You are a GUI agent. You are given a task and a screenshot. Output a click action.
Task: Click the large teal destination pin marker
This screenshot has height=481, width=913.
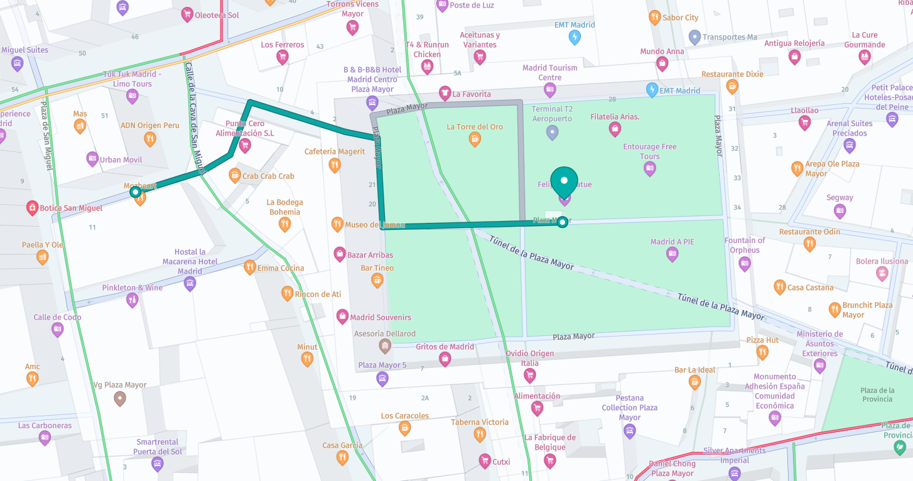(x=564, y=180)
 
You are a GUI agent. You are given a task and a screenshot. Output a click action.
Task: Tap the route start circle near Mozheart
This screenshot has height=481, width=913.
(x=136, y=192)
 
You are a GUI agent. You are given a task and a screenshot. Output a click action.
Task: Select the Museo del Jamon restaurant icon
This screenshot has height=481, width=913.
(x=337, y=224)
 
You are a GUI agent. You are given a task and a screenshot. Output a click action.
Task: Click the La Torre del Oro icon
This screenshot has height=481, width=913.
(x=475, y=139)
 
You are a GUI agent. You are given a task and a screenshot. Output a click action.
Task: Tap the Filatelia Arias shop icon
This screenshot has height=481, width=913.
(x=615, y=129)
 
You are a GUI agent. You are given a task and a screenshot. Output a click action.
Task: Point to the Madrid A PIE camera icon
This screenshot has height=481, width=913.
(x=673, y=254)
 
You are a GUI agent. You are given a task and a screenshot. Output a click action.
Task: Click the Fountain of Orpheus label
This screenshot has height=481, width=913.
(x=745, y=245)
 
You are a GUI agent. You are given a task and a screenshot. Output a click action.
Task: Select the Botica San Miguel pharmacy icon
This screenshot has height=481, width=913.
(x=32, y=208)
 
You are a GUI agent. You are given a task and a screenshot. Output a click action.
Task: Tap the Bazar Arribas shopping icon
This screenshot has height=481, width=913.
(x=340, y=254)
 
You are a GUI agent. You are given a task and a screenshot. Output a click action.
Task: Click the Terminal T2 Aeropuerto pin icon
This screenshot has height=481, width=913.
(x=552, y=132)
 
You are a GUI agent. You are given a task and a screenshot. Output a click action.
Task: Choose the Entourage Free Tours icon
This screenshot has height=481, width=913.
(x=650, y=168)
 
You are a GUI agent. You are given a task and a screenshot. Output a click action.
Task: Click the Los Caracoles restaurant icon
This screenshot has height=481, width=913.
(x=405, y=428)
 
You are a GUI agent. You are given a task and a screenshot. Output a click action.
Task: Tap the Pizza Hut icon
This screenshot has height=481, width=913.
(x=762, y=352)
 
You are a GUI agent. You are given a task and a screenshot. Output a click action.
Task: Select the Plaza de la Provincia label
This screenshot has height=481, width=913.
(x=877, y=394)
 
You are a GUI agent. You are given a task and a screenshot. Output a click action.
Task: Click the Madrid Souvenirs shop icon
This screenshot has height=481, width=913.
(x=342, y=316)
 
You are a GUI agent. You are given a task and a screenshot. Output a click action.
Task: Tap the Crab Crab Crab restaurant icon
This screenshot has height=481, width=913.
(x=235, y=175)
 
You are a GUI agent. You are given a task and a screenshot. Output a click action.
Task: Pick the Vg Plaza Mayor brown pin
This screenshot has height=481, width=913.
(x=120, y=398)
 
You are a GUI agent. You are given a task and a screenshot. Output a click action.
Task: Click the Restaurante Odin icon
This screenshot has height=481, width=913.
(x=810, y=244)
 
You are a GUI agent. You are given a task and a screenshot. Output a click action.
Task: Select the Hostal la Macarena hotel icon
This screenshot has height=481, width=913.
(x=190, y=284)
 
